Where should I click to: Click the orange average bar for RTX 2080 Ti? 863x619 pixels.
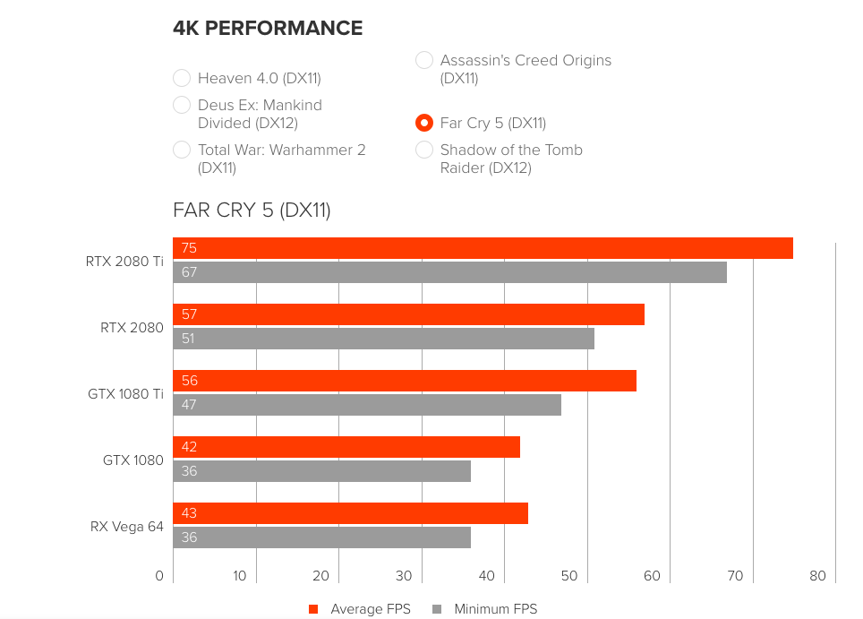point(483,248)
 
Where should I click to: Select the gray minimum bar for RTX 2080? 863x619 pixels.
point(383,339)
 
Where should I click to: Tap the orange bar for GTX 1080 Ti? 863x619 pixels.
point(405,381)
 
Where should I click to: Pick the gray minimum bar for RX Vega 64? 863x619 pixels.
point(321,537)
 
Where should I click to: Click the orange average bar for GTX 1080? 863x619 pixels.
point(346,447)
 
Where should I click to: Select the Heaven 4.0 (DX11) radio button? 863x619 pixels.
point(182,78)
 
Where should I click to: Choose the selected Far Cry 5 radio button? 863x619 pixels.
point(424,123)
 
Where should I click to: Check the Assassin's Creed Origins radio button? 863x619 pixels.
point(424,60)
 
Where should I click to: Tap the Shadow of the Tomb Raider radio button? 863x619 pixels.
point(424,150)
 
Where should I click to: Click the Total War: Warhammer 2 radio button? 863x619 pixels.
point(182,150)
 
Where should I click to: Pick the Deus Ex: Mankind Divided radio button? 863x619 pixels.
point(182,105)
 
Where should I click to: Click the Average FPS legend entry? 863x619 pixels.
point(359,609)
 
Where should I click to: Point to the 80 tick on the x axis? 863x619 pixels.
point(817,576)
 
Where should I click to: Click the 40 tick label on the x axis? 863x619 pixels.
point(487,576)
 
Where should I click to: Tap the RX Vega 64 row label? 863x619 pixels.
point(127,527)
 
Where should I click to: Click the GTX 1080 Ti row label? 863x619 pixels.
point(125,394)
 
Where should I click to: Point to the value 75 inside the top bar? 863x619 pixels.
point(189,248)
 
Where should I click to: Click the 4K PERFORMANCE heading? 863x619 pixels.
point(268,29)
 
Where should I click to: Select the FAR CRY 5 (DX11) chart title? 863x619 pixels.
point(252,211)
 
